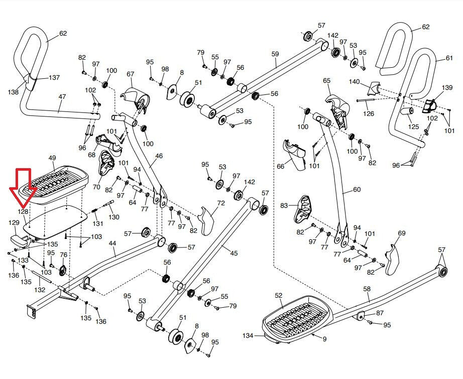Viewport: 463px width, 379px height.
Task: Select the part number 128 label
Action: (x=24, y=212)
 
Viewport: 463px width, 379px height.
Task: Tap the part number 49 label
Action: (x=52, y=158)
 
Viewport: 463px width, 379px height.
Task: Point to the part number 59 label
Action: (x=275, y=54)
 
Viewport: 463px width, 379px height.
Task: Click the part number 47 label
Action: (x=62, y=96)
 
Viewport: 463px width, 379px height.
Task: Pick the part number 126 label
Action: (x=369, y=114)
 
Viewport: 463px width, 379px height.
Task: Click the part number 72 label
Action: (x=220, y=203)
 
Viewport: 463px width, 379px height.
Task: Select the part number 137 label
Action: (x=54, y=78)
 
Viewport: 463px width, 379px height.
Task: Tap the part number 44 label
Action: (x=112, y=243)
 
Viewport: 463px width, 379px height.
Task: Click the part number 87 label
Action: (x=380, y=313)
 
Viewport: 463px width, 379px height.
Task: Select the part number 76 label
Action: (x=64, y=255)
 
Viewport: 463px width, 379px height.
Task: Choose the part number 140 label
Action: (x=355, y=81)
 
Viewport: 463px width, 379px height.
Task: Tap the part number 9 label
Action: (x=324, y=339)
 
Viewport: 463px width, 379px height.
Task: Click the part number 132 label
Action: (x=40, y=290)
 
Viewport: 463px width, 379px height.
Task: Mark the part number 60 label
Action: (x=357, y=190)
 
